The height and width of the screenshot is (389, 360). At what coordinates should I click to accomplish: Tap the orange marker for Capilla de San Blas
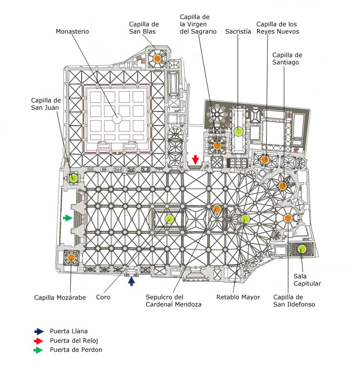(157, 58)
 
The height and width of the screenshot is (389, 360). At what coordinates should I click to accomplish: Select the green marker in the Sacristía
(238, 131)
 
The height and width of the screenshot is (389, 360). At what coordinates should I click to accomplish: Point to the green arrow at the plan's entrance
(68, 218)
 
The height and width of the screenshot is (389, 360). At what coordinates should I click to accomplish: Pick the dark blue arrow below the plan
(131, 281)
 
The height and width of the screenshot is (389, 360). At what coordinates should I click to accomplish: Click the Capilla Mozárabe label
(60, 297)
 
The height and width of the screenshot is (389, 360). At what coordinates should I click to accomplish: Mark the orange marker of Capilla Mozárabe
(71, 258)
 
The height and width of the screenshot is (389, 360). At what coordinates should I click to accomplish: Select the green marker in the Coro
(170, 219)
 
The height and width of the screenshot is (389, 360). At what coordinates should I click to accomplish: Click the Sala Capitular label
(307, 280)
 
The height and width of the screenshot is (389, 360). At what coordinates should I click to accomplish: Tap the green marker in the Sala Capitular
(302, 248)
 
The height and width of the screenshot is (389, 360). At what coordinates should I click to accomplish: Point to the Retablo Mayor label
(238, 297)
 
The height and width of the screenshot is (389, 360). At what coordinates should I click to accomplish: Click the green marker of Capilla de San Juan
(73, 178)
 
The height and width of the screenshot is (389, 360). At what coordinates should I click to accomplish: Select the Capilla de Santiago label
(287, 58)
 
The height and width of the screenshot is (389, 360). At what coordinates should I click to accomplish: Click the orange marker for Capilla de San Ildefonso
(287, 218)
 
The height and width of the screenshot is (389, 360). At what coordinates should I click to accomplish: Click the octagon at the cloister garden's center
(118, 118)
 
